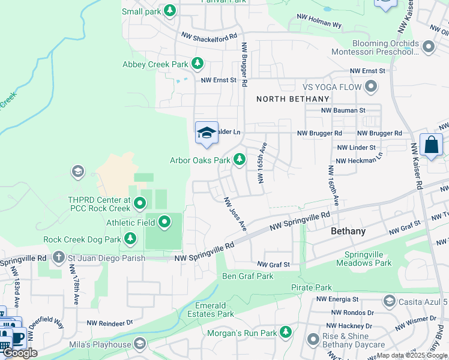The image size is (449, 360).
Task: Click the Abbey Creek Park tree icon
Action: [x=197, y=64]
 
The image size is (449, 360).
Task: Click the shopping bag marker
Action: [x=431, y=145]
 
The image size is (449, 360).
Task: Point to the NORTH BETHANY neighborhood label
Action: [x=293, y=99]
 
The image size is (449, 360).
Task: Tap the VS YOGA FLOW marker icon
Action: [x=371, y=87]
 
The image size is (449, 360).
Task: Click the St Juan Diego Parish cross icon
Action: [x=58, y=258]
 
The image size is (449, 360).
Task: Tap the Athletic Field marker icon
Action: [x=165, y=223]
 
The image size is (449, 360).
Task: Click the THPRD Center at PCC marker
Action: [x=140, y=204]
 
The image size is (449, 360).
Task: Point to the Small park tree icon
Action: [x=170, y=11]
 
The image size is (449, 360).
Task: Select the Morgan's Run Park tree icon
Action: [x=285, y=332]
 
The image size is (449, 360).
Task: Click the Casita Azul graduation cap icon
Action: [x=388, y=301]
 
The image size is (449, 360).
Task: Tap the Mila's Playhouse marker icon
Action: [x=140, y=344]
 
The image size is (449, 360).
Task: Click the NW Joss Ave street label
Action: [x=235, y=215]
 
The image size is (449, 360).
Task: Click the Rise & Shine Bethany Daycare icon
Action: [x=313, y=340]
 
